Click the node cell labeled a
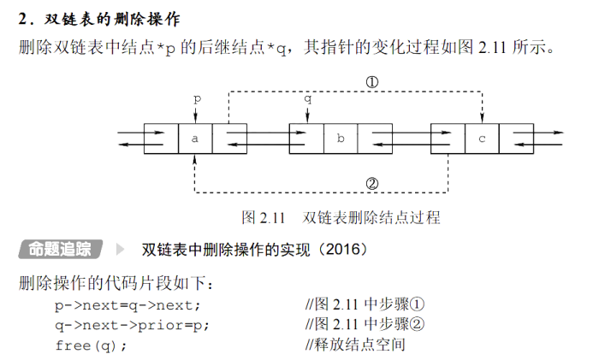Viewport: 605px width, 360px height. tap(195, 138)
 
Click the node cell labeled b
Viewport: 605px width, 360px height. tap(341, 138)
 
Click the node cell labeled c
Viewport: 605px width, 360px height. tap(482, 138)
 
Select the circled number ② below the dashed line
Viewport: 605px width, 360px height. tap(372, 182)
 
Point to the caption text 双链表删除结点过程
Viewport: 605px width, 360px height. tap(371, 217)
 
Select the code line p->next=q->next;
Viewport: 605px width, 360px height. tap(128, 304)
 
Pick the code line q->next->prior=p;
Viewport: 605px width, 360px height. tap(132, 324)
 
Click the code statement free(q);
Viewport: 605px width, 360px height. tap(91, 345)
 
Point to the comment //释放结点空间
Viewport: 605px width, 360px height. tap(354, 345)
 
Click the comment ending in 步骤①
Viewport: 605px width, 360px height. tap(365, 304)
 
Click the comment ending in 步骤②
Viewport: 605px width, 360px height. tap(365, 324)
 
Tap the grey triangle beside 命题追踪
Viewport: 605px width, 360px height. tap(120, 250)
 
